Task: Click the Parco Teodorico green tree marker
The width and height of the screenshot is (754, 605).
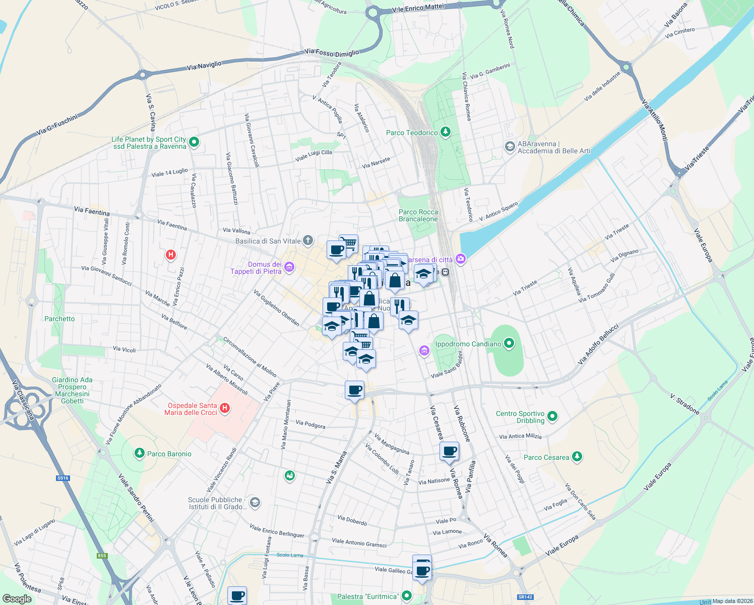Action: coord(445,132)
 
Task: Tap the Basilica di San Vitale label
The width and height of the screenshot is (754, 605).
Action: coord(268,241)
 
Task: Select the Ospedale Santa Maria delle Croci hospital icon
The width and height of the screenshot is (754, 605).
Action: coord(225,408)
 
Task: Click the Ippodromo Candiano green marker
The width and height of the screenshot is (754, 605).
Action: coord(509,344)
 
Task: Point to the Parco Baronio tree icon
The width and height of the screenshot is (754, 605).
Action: coord(140,453)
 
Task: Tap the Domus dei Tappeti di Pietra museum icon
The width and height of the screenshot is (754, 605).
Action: coord(289,267)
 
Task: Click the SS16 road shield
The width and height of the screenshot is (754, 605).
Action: coord(62,478)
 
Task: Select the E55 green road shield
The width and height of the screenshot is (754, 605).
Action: coord(102,556)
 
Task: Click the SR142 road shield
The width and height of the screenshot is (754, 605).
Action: coord(525,597)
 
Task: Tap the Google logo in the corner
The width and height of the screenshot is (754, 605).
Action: coord(17,599)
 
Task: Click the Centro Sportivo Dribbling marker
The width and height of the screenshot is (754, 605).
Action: coord(552,416)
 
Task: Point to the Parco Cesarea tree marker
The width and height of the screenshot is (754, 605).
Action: coord(577,457)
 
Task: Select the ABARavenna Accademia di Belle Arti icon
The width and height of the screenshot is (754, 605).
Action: coord(510,147)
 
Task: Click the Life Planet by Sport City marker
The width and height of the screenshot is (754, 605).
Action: coord(195,142)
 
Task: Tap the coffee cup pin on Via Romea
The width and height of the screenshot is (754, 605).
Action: coord(449,451)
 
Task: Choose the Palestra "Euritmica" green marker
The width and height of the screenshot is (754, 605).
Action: coord(406,596)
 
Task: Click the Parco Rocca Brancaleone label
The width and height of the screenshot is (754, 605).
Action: coord(418,215)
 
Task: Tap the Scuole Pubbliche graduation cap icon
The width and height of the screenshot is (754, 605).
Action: coord(255,502)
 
